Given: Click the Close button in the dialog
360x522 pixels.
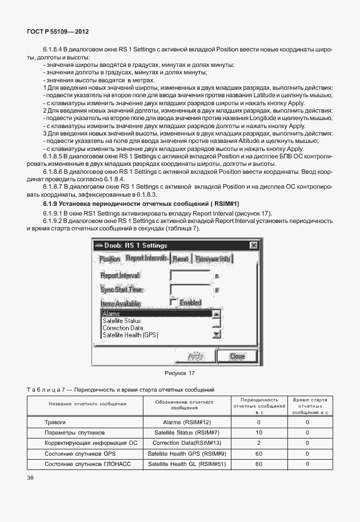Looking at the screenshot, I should click(x=237, y=356).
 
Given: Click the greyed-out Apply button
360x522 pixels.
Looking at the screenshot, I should click(x=196, y=356).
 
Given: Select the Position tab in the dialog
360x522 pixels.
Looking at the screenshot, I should click(x=110, y=259).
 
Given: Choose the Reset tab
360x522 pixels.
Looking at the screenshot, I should click(x=180, y=259).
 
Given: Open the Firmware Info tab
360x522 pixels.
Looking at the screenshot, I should click(x=213, y=259).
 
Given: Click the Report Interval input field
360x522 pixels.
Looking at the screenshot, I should click(x=190, y=276).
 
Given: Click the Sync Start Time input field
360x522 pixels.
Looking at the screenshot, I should click(x=190, y=290).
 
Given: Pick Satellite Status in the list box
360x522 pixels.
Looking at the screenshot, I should click(x=122, y=321).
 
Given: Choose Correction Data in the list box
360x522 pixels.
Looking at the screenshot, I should click(x=123, y=328).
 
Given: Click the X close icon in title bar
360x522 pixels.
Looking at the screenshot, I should click(x=253, y=245).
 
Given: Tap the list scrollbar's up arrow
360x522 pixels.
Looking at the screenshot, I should click(x=216, y=314).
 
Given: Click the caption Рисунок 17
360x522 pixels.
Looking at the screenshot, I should click(x=179, y=373).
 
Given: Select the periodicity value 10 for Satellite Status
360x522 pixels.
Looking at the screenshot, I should click(x=259, y=432).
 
